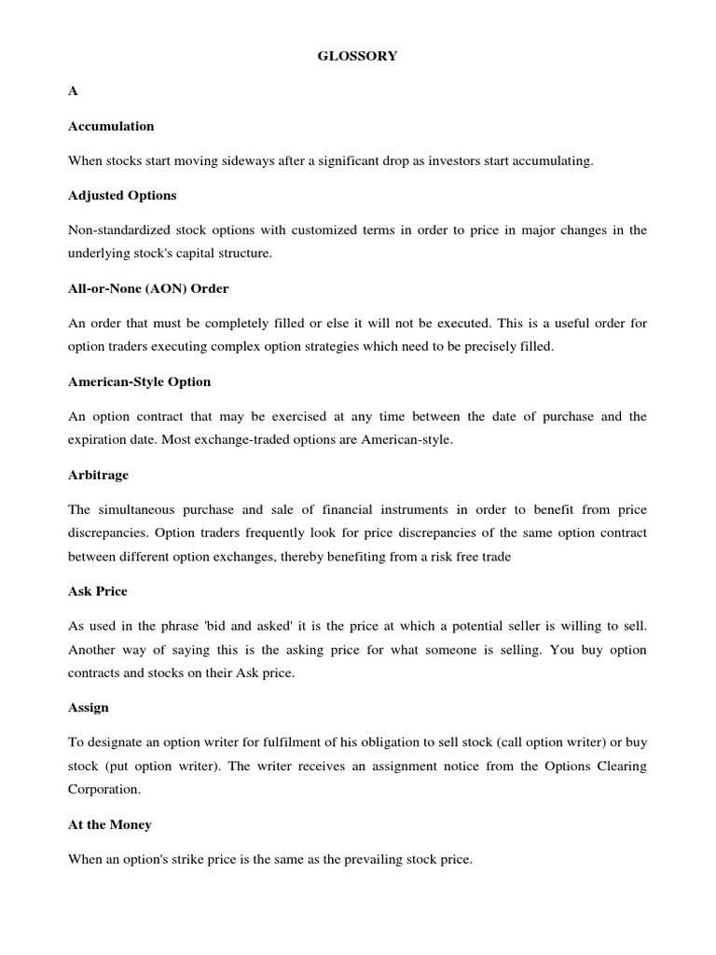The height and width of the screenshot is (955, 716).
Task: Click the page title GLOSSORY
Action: click(358, 56)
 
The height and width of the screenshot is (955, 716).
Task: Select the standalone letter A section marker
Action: click(73, 90)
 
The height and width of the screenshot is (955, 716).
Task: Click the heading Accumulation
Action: click(111, 126)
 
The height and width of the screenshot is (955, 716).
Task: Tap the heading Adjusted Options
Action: click(122, 196)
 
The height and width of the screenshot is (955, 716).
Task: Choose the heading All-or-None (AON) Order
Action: click(148, 288)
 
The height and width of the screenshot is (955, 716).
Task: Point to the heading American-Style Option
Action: click(140, 381)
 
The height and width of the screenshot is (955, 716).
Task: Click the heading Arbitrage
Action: click(98, 475)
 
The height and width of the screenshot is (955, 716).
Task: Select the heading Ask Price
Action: click(98, 591)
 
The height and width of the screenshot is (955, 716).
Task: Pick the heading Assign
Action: click(89, 708)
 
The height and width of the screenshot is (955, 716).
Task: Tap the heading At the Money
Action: click(110, 824)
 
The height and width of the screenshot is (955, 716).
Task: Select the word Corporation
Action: click(104, 790)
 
